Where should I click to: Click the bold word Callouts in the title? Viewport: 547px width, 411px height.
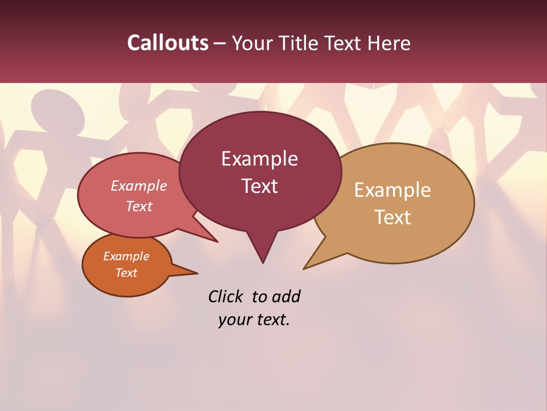[168, 43]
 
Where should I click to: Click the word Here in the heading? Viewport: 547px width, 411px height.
[389, 43]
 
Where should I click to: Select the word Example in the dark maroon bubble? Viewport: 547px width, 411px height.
[259, 159]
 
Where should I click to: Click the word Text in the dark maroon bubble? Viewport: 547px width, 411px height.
[259, 186]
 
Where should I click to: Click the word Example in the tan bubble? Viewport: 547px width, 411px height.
[393, 190]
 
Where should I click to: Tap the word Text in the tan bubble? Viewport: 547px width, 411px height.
[393, 217]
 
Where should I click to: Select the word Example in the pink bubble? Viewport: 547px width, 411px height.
[139, 186]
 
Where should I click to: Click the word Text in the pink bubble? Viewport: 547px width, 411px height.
[139, 206]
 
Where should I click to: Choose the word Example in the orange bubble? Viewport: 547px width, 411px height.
[126, 256]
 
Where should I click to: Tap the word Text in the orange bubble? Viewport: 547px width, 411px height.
[126, 273]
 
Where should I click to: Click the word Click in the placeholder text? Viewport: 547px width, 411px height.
[226, 296]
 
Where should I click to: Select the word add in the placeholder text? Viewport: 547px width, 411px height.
[285, 296]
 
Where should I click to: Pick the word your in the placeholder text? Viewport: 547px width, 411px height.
[235, 320]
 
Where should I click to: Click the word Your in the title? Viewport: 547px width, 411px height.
[252, 43]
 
